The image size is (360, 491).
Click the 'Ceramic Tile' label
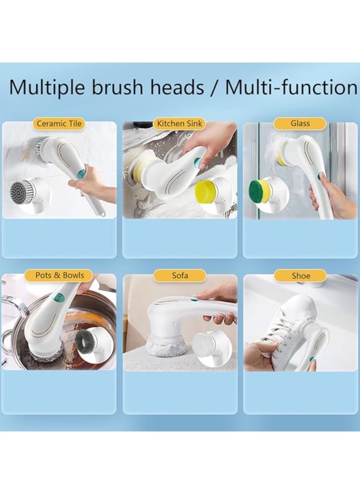[59, 123]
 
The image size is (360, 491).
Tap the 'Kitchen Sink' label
[179, 123]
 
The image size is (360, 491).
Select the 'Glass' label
[300, 123]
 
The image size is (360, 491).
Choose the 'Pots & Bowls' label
[59, 275]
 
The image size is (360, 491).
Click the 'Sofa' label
[180, 276]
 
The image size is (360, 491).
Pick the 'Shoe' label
[300, 276]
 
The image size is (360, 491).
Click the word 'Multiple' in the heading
[52, 88]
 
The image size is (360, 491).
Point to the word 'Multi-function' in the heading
[290, 87]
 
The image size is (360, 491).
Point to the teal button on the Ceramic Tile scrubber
[81, 172]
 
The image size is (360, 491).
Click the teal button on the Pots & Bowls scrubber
[58, 298]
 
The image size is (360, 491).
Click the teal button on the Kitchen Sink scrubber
[198, 162]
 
